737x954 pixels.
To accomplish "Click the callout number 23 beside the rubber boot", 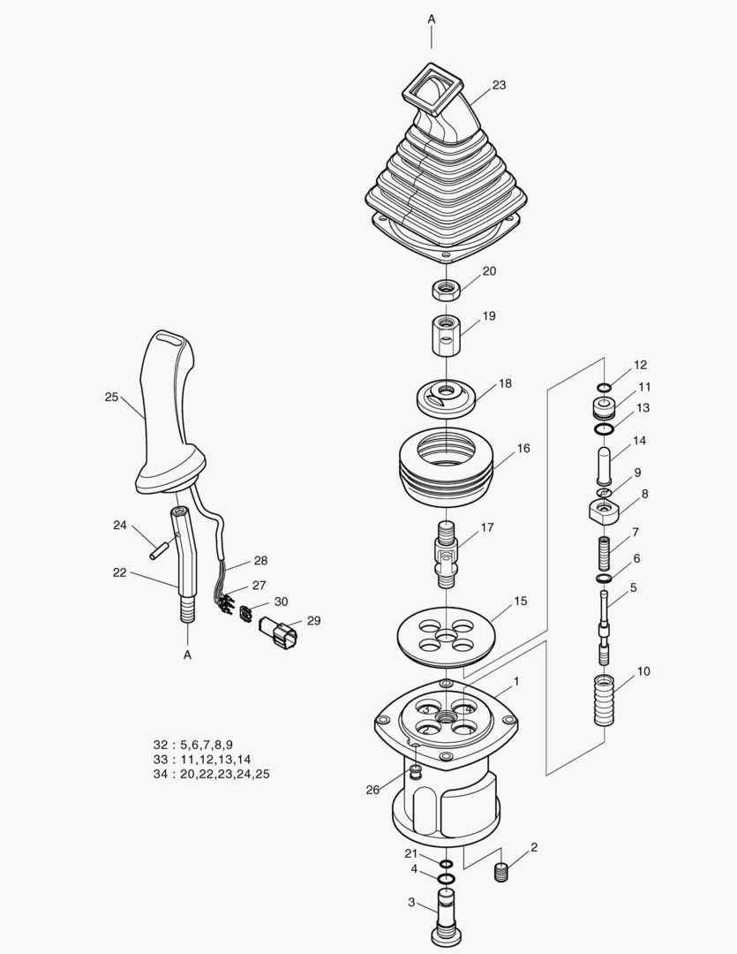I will click(x=499, y=85).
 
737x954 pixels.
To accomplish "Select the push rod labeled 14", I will click(x=603, y=462).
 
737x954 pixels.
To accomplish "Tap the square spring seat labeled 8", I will click(x=605, y=510).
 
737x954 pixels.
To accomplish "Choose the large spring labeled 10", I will click(x=603, y=700).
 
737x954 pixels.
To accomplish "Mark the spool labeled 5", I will click(x=604, y=623).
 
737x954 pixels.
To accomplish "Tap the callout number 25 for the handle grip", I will click(x=111, y=397).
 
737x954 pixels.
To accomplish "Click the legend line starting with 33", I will click(x=202, y=759).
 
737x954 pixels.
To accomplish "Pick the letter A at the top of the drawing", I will click(x=432, y=18).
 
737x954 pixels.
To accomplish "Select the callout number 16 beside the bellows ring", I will click(x=523, y=448).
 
